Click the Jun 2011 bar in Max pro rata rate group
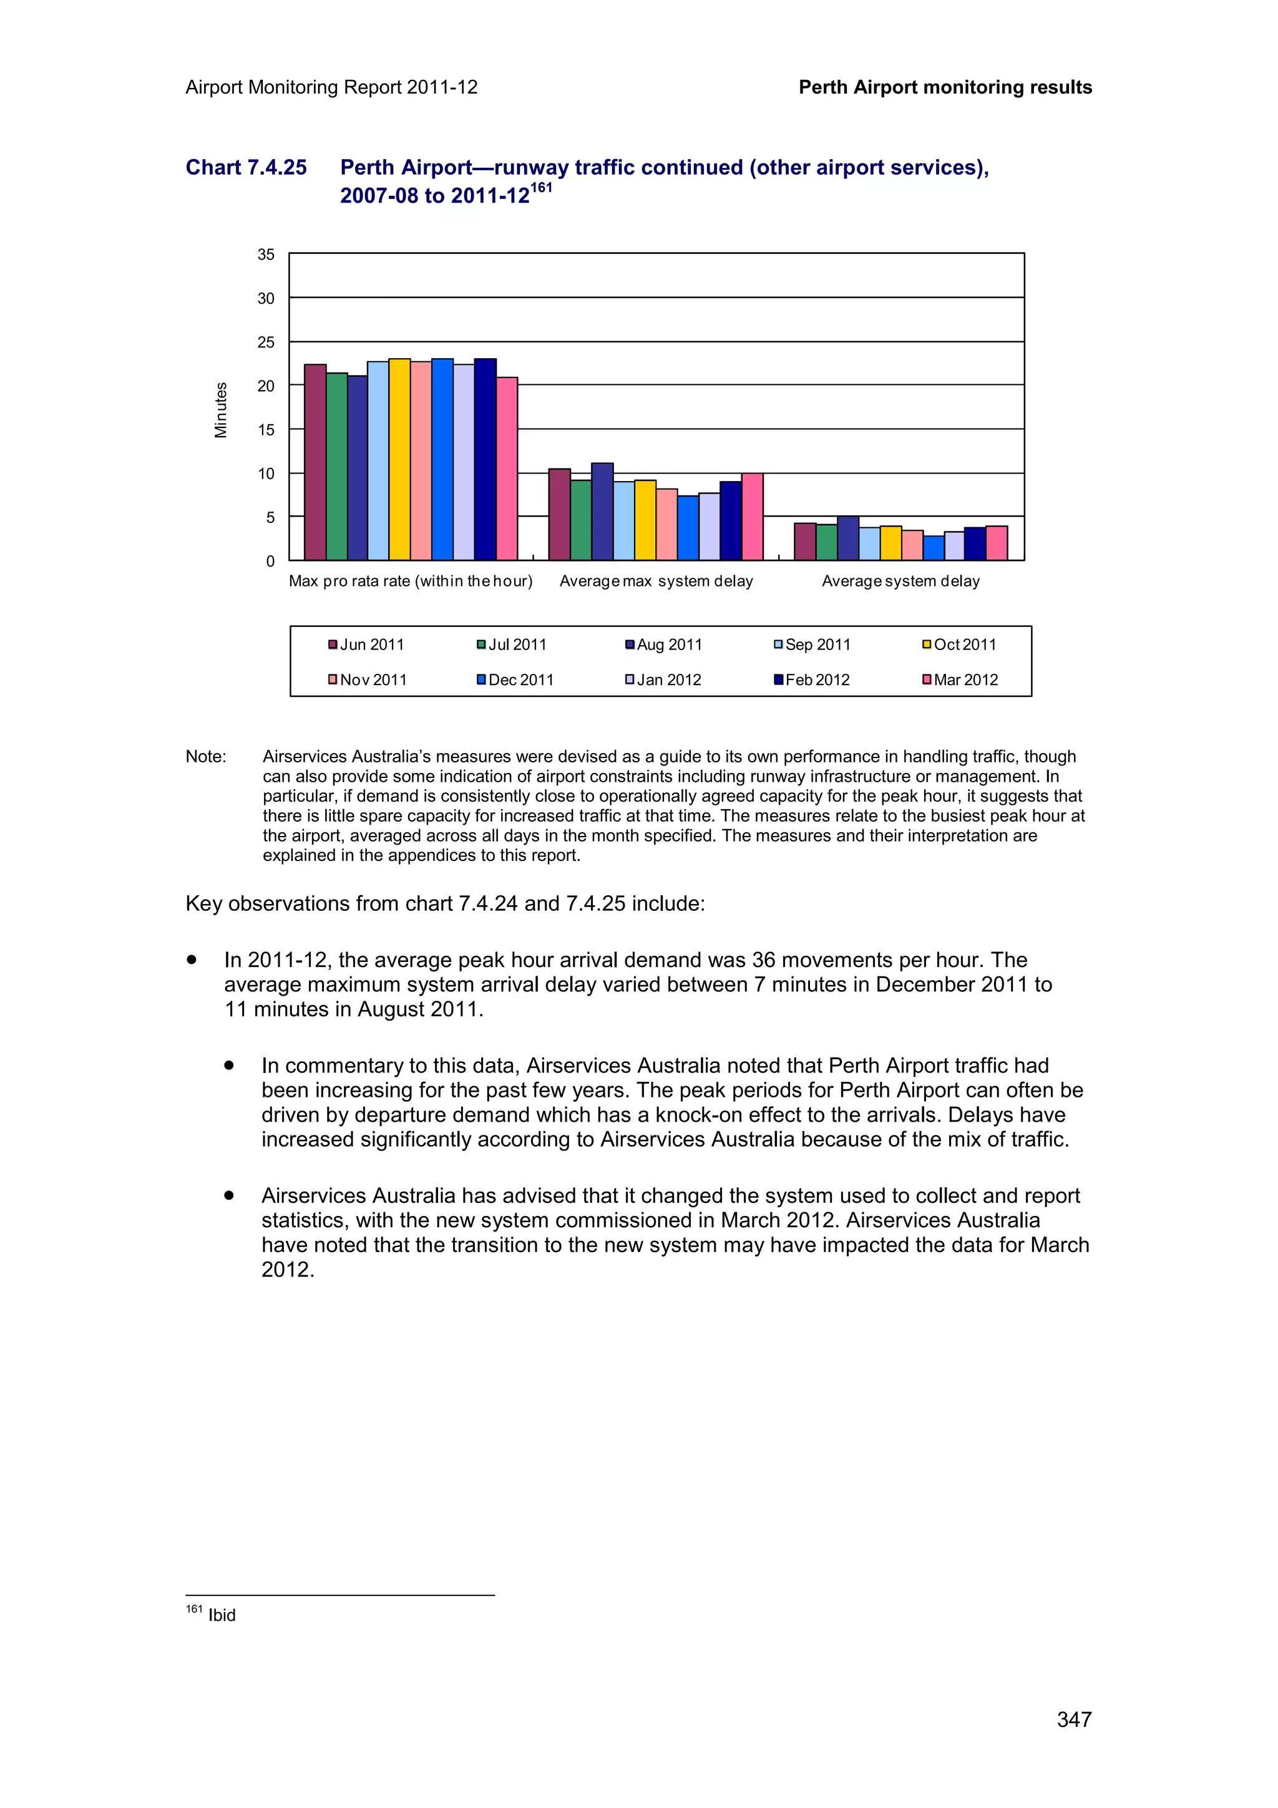[315, 462]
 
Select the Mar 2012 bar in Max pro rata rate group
[506, 469]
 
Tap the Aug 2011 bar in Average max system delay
[602, 512]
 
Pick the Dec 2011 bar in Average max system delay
[688, 528]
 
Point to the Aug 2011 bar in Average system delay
[847, 538]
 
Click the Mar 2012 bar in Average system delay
[996, 543]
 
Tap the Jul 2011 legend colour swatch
[481, 645]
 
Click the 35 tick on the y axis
[266, 255]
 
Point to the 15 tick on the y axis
[266, 430]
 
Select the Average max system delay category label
[656, 581]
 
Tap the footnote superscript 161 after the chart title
[541, 187]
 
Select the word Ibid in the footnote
[222, 1615]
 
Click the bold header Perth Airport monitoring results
[945, 87]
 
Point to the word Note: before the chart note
[205, 757]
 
